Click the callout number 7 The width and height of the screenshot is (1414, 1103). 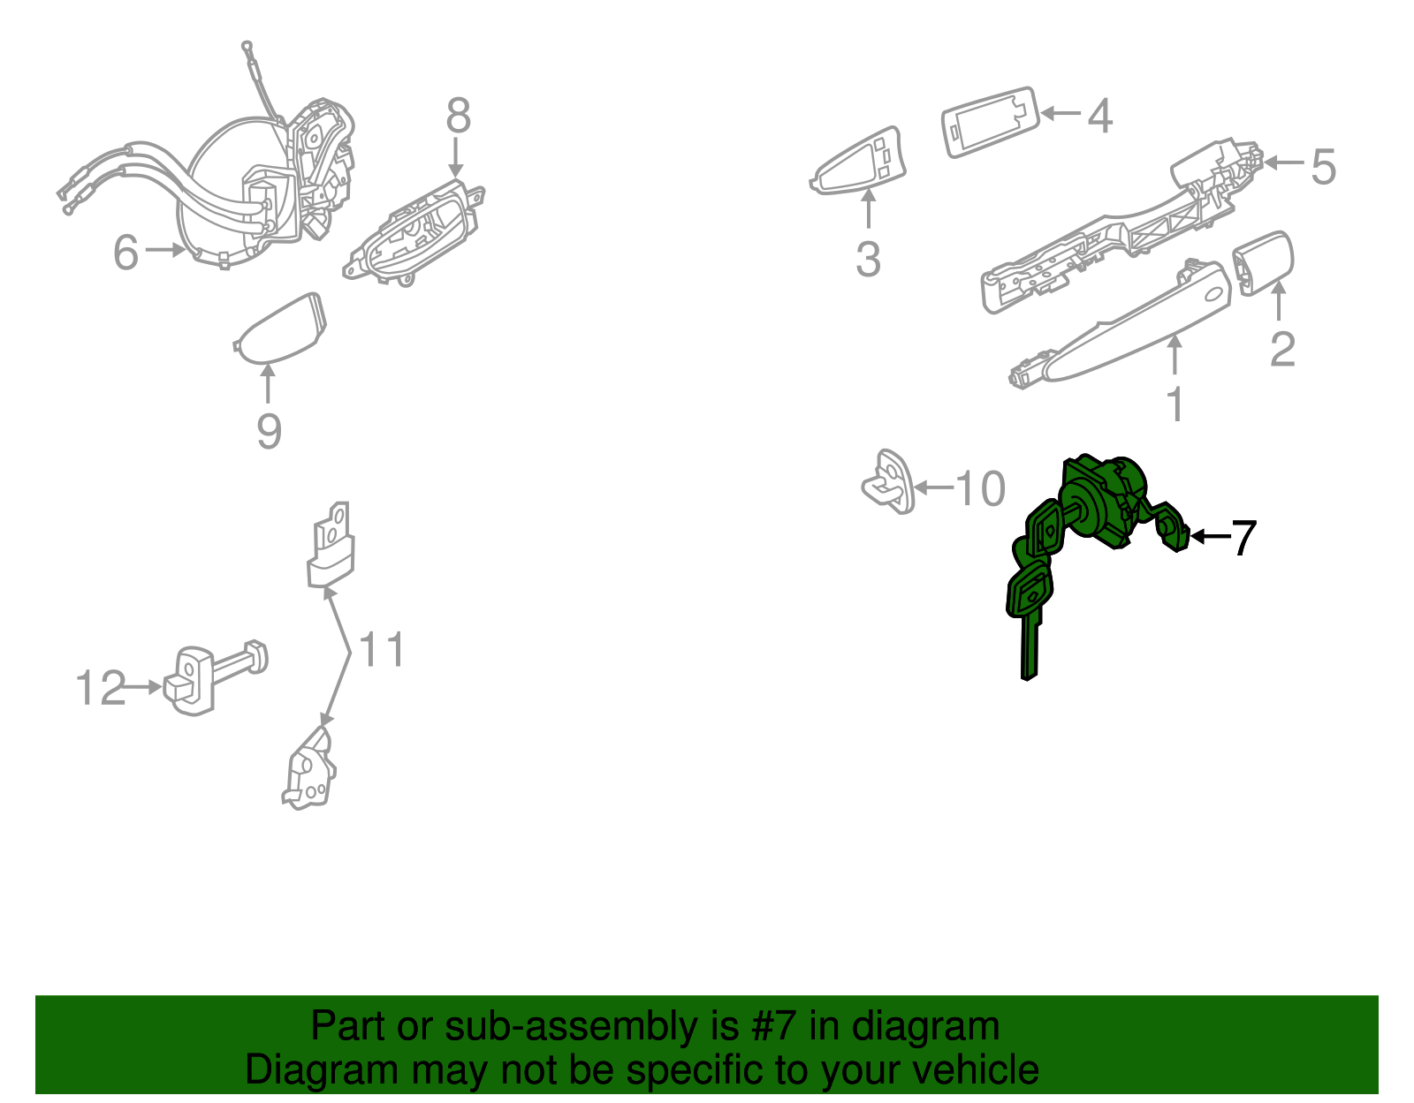click(x=1243, y=538)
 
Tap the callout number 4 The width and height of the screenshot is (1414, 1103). click(x=1099, y=116)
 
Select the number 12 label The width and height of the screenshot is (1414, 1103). click(x=101, y=688)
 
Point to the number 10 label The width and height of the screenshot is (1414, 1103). click(x=980, y=488)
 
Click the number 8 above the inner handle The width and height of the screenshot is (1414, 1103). click(x=458, y=116)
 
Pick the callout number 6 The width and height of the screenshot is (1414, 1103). click(x=125, y=253)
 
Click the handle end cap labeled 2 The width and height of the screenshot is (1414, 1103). click(x=1264, y=261)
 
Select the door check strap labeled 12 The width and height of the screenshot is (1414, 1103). click(x=212, y=676)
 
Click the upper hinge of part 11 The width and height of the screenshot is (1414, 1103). click(x=331, y=548)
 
